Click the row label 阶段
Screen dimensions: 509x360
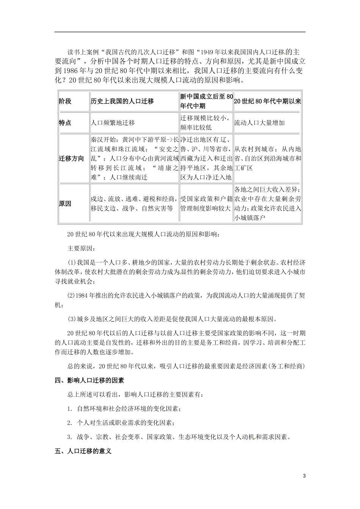tap(65, 101)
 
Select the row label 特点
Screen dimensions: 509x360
tap(65, 123)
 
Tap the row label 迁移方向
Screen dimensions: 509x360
tap(71, 158)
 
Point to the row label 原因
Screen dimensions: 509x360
tap(65, 203)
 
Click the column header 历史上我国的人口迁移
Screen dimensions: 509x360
tap(122, 101)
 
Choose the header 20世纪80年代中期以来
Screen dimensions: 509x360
tap(267, 101)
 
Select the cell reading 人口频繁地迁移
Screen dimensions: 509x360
tap(113, 123)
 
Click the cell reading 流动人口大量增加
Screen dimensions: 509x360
tap(259, 123)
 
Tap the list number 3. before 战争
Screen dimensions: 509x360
tap(70, 437)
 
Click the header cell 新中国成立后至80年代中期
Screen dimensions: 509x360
tap(206, 101)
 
